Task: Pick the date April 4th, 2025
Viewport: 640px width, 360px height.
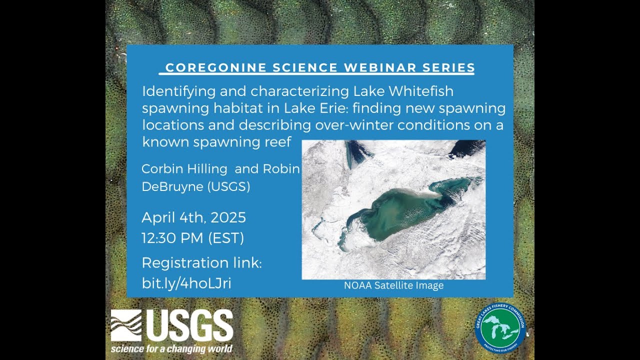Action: click(193, 217)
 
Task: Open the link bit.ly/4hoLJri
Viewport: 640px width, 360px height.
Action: click(186, 283)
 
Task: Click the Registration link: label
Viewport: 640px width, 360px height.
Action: click(201, 263)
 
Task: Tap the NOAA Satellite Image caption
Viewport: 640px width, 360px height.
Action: click(393, 286)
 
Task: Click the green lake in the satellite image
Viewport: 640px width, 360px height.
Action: click(400, 212)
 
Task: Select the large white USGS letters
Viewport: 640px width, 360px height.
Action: click(190, 325)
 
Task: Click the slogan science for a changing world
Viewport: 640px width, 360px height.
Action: click(171, 348)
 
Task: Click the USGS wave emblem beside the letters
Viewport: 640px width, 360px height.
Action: click(126, 325)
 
